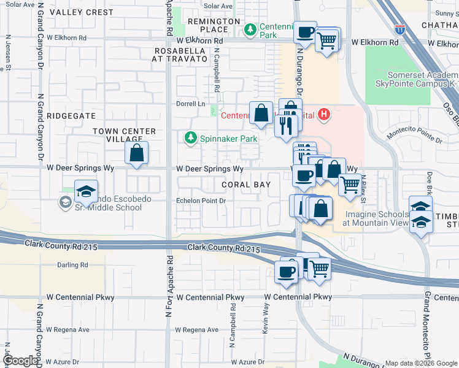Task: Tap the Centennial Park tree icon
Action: click(250, 29)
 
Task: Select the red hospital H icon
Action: click(324, 114)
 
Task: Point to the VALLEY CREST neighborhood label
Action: click(82, 12)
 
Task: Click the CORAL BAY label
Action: click(244, 185)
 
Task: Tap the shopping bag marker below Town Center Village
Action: click(136, 153)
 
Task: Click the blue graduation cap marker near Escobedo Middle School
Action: click(87, 191)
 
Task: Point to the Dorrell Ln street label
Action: click(190, 104)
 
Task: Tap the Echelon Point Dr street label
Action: click(201, 201)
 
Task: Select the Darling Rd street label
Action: click(72, 265)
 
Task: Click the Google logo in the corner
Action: click(20, 361)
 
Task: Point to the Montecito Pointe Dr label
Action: click(414, 136)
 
